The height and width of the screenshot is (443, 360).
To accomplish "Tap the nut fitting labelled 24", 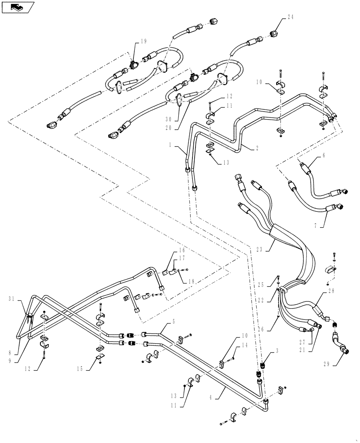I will [274, 33].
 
